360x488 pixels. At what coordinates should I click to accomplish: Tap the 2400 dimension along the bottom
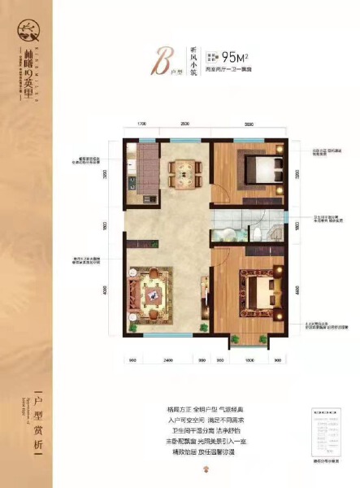click(168, 359)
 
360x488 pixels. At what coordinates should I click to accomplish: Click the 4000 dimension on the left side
click(106, 289)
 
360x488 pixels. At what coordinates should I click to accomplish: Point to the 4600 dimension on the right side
click(297, 290)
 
